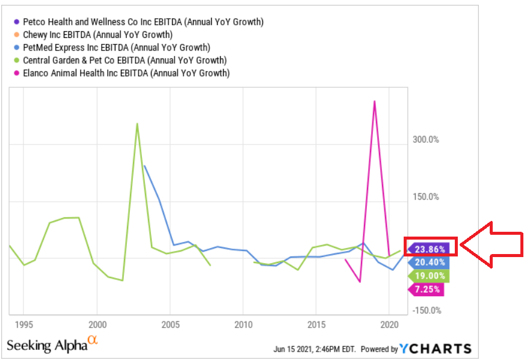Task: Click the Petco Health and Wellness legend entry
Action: point(143,22)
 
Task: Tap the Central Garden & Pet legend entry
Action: point(124,60)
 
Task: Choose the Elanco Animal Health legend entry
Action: point(126,73)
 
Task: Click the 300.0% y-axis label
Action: point(425,140)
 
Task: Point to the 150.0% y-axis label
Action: point(425,197)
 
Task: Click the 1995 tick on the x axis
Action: point(24,325)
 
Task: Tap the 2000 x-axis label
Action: point(97,325)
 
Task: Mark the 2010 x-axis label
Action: point(243,325)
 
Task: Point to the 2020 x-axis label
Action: point(389,325)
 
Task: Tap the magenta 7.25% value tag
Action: point(429,290)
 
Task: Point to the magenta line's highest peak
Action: point(374,101)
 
